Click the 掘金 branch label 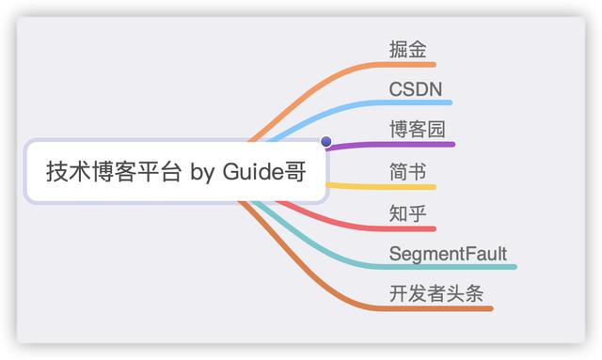pos(406,49)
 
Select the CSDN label pos(416,88)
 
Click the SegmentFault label pos(448,254)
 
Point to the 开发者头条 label pos(436,293)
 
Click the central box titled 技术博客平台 pos(176,173)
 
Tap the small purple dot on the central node pos(326,142)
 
